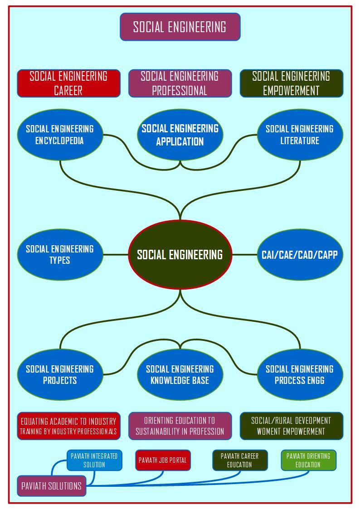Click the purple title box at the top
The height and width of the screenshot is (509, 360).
coord(180,27)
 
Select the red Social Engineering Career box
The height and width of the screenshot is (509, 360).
coord(68,83)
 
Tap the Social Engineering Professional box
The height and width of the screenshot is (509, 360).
coord(180,83)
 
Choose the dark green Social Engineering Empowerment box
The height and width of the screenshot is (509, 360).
coord(291,83)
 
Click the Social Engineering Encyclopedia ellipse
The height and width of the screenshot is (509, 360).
coord(60,135)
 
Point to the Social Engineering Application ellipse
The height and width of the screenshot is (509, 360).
coord(180,135)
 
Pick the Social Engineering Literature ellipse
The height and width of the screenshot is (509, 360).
coord(300,135)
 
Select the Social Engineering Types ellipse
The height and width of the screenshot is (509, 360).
coord(60,255)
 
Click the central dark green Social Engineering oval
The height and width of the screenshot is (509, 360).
coord(180,255)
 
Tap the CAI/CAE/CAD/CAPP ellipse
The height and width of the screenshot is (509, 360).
coord(300,255)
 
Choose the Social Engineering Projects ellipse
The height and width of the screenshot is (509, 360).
coord(60,374)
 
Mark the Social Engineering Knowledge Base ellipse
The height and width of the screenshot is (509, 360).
coord(180,374)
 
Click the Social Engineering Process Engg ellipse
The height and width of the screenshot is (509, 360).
coord(300,374)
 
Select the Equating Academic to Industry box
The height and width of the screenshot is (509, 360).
coord(68,426)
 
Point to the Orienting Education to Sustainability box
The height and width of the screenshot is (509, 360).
coord(180,426)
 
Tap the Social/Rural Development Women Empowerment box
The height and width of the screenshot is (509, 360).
coord(291,426)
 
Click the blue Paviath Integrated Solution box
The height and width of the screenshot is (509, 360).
coord(94,460)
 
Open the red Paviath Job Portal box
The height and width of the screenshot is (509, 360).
coord(163,460)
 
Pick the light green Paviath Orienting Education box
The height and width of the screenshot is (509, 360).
coord(308,460)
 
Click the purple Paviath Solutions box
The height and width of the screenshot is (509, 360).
coord(52,486)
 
